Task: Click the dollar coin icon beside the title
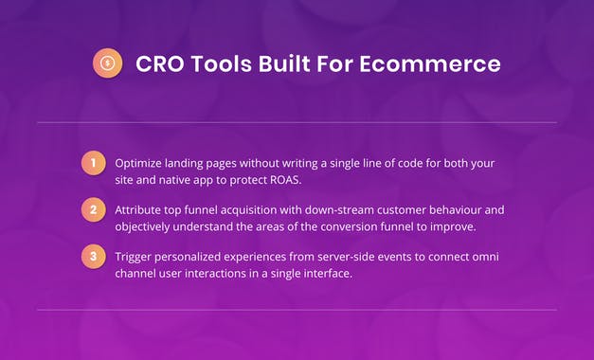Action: tap(107, 64)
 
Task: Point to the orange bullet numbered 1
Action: tap(92, 163)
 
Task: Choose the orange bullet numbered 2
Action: tap(92, 210)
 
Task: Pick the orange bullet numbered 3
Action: tap(92, 257)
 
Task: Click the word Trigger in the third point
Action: tap(136, 256)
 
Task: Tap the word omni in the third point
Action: tap(481, 256)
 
